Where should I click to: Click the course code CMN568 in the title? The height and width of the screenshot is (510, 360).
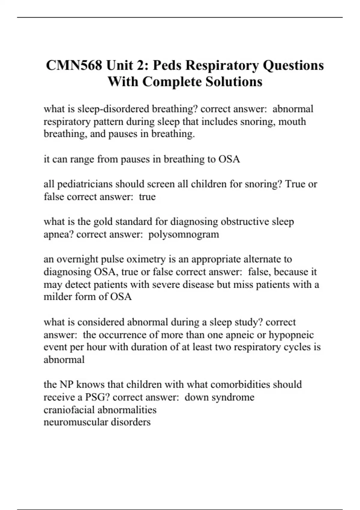(x=73, y=65)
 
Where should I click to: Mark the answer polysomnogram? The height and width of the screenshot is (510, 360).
(x=184, y=234)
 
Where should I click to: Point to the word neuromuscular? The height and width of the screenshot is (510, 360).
(x=76, y=422)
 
